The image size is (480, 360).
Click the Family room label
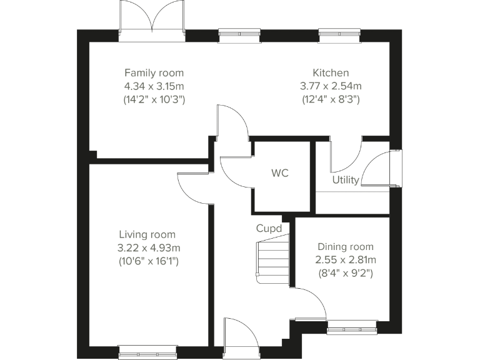154,73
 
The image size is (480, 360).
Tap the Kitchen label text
331,73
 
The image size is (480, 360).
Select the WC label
280,174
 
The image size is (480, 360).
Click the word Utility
345,181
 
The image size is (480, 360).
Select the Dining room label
345,246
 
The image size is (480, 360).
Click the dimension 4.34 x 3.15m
154,86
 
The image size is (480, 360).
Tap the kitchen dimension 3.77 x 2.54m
331,86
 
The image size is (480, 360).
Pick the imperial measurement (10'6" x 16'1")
149,261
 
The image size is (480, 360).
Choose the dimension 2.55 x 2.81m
345,259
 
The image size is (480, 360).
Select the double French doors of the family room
152,19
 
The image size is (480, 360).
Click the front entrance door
240,337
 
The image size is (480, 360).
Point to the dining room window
352,325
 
